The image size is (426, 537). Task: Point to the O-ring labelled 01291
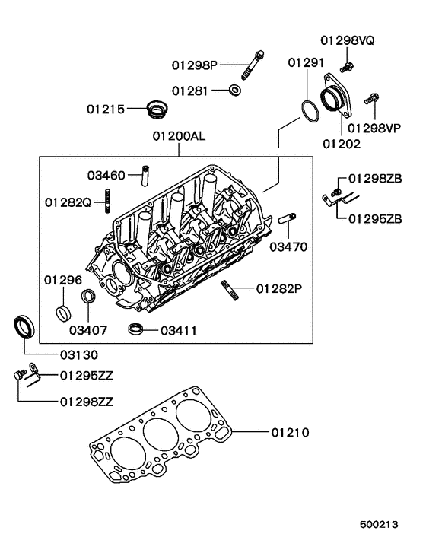[308, 110]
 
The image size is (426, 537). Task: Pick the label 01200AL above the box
[180, 138]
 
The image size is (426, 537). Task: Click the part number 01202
[339, 142]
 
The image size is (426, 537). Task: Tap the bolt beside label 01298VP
[373, 98]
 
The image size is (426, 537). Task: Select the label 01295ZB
[375, 219]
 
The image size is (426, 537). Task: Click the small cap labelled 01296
[65, 312]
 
